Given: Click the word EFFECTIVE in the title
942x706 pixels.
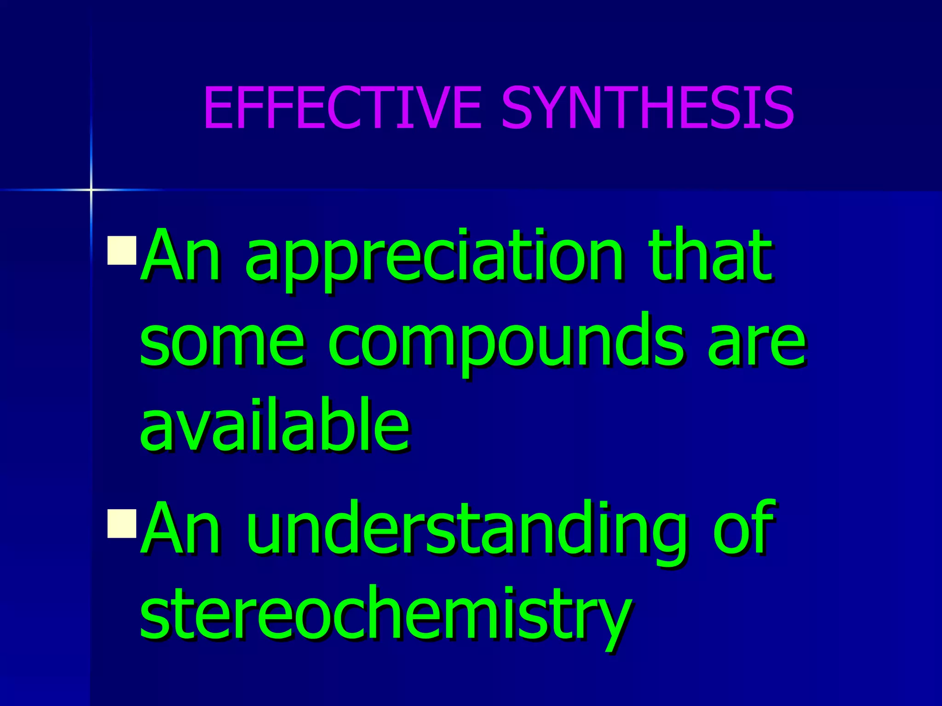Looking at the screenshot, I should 343,108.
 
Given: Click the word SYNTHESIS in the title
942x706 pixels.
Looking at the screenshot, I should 648,108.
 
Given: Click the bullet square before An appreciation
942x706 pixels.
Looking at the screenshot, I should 122,251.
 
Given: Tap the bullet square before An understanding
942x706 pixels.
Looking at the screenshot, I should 122,524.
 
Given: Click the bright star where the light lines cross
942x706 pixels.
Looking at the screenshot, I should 91,189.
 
